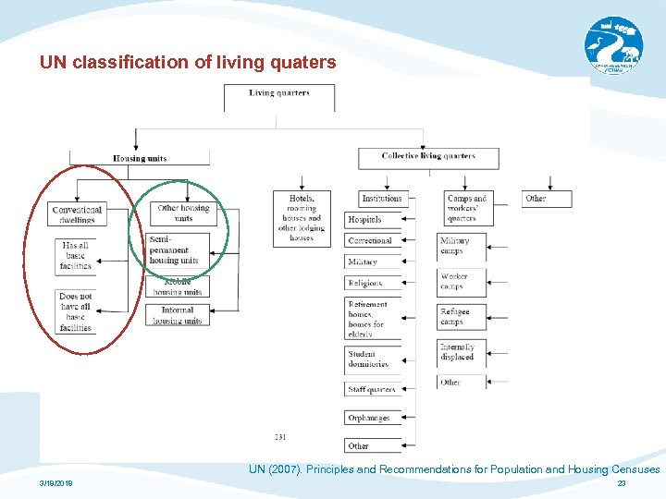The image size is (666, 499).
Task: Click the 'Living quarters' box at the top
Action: point(279,95)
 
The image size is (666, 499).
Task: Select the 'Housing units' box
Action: point(140,158)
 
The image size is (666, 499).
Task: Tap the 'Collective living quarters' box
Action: point(428,157)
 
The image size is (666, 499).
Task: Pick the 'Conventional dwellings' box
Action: point(77,214)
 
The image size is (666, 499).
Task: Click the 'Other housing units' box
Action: point(183,213)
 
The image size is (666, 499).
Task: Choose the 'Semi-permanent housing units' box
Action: point(177,249)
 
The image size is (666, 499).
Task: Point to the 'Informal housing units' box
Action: point(177,316)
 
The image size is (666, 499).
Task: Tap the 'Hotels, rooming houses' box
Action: point(302,218)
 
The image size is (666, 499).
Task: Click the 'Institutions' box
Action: point(382,199)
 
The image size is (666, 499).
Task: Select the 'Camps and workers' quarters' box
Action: point(466,208)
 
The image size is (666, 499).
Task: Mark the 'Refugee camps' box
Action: point(461,317)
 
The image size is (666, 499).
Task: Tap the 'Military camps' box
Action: point(461,246)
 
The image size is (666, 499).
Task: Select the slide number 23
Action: point(622,483)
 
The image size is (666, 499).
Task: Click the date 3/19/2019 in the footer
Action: point(57,483)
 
